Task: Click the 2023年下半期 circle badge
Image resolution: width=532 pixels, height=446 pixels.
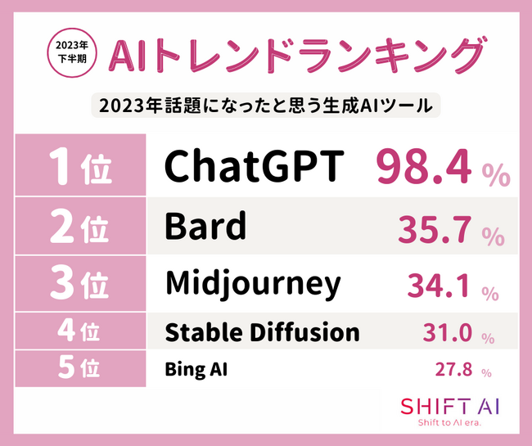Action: [72, 53]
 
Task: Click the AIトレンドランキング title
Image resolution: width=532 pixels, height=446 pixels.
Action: [295, 56]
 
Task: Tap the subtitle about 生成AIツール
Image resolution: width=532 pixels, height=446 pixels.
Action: [266, 106]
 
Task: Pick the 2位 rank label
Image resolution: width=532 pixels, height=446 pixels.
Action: [79, 226]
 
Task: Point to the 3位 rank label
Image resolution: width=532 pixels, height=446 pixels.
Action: [79, 283]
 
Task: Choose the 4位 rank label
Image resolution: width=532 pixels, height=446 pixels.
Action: [79, 331]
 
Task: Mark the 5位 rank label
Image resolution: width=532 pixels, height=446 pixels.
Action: [79, 368]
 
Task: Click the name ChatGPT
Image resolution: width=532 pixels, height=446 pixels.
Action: [255, 166]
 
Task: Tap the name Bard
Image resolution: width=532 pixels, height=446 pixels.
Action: [205, 226]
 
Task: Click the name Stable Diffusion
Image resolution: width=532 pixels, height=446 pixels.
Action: [262, 331]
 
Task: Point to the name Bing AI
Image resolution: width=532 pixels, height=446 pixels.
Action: [196, 369]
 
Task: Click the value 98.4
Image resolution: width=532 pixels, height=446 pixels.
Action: [424, 168]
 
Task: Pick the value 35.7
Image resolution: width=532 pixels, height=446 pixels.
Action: [435, 229]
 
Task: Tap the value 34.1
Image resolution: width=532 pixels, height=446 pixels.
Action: [439, 286]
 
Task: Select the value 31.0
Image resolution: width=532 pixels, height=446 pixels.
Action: [447, 332]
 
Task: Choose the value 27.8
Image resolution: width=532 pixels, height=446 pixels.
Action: [453, 369]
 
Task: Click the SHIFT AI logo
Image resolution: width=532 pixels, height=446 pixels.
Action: [449, 412]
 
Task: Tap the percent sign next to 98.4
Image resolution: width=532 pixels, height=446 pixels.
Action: [496, 174]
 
